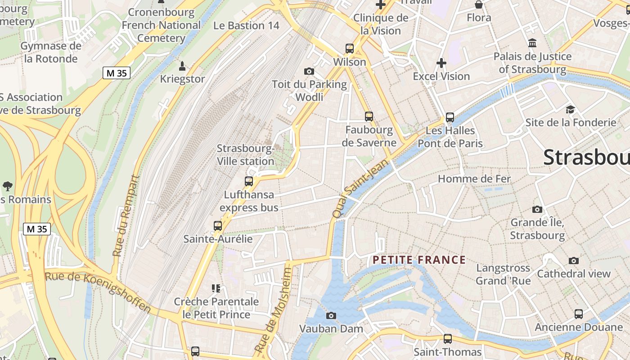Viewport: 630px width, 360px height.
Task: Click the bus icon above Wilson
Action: tap(350, 49)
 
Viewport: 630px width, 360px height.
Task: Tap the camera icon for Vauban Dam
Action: tap(331, 315)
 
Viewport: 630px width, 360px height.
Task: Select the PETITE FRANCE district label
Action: tap(419, 260)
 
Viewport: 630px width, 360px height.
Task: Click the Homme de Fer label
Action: tap(474, 179)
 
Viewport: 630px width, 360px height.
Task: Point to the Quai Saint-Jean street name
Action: tap(360, 189)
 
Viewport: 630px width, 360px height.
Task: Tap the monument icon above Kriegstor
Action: tap(182, 66)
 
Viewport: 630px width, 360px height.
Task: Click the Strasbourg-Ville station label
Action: tap(246, 155)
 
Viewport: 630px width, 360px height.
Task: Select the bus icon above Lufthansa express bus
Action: tap(249, 181)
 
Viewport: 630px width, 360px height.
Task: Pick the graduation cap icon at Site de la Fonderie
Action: tap(571, 109)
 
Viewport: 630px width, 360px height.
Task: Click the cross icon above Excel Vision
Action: tap(441, 63)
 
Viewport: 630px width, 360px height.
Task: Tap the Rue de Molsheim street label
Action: tap(274, 310)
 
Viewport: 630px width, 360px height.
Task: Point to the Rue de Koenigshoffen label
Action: tap(98, 291)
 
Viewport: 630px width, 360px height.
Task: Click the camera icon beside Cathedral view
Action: tap(573, 261)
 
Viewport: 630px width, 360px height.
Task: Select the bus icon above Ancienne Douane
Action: tap(579, 314)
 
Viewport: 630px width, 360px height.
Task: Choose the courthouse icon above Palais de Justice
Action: tap(532, 43)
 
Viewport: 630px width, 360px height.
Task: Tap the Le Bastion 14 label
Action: tap(246, 26)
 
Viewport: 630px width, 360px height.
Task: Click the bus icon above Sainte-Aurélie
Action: tap(218, 225)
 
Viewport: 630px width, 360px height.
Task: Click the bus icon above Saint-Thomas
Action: tap(447, 338)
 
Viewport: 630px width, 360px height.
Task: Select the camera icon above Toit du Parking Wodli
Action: tap(309, 71)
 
